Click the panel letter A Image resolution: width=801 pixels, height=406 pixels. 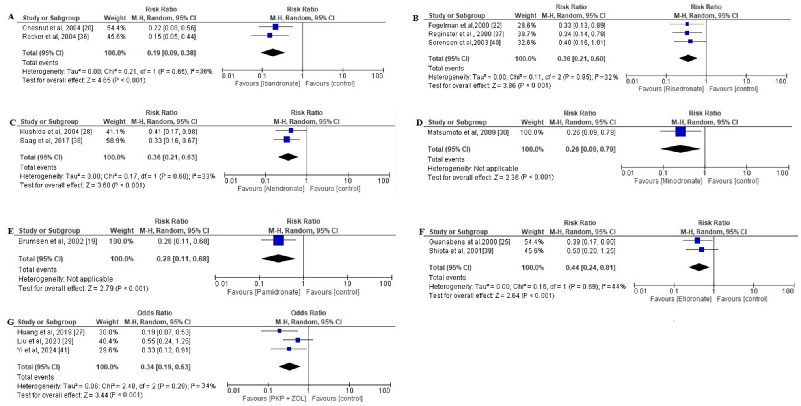tap(11, 17)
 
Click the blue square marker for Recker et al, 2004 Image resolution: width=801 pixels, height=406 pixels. tap(270, 35)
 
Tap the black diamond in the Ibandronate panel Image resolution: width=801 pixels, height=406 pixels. tap(273, 52)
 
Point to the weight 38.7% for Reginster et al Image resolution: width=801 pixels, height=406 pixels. tap(526, 34)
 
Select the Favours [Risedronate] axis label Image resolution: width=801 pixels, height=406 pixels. tap(671, 89)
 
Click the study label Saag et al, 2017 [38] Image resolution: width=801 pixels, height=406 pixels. tap(51, 141)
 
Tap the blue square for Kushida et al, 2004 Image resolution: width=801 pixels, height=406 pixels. tap(291, 130)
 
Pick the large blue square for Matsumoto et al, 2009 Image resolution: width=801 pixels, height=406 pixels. tap(680, 132)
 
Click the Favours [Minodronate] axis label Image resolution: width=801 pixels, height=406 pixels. tap(668, 181)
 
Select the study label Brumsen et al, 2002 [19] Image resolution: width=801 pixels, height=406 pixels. tap(58, 241)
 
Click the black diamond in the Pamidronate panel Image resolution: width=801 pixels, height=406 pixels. tap(278, 259)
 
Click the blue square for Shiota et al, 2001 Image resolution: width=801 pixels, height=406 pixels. tap(701, 250)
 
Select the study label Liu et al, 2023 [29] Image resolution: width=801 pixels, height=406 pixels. tap(45, 341)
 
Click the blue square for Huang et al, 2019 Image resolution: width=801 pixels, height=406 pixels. tap(279, 331)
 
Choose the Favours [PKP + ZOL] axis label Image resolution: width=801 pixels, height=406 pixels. tap(274, 399)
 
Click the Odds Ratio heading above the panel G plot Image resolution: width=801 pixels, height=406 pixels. tap(308, 313)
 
